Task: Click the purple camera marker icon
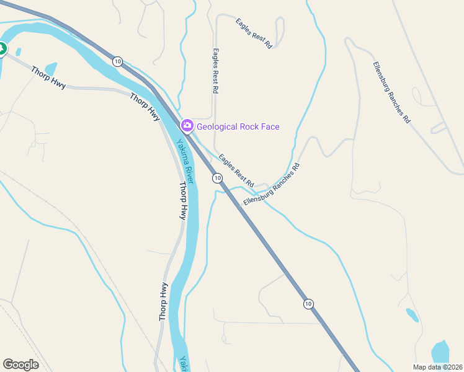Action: pyautogui.click(x=187, y=126)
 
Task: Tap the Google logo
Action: pyautogui.click(x=20, y=365)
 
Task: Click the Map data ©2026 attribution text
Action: pyautogui.click(x=437, y=366)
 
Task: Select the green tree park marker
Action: pyautogui.click(x=1, y=48)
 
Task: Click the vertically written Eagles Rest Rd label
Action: pyautogui.click(x=215, y=71)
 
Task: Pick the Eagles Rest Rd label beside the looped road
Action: pyautogui.click(x=254, y=33)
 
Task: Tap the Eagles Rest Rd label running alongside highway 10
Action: pyautogui.click(x=236, y=171)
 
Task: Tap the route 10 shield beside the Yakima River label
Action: pyautogui.click(x=217, y=179)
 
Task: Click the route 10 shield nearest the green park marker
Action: pyautogui.click(x=118, y=61)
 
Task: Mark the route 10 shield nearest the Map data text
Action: pyautogui.click(x=308, y=304)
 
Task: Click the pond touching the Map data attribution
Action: pyautogui.click(x=440, y=352)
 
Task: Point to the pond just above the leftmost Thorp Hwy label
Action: pyautogui.click(x=51, y=68)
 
